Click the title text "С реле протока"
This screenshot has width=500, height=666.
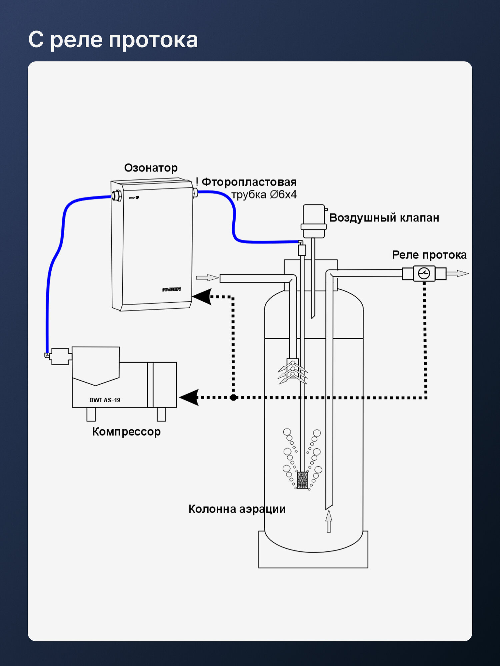(113, 40)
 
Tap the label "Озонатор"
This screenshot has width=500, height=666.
(151, 168)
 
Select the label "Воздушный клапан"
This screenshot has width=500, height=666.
(384, 218)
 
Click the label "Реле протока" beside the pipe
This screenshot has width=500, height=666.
(429, 255)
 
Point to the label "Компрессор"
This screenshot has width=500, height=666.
(126, 432)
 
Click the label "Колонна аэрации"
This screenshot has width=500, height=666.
(237, 509)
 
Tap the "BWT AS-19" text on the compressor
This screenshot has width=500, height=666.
(105, 400)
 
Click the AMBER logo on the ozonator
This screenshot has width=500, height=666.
(171, 289)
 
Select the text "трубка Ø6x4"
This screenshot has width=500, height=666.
(264, 194)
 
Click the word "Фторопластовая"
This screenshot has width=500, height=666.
(249, 182)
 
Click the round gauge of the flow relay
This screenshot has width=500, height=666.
(424, 273)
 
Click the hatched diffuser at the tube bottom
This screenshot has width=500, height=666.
(302, 480)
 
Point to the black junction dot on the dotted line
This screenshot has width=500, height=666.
(233, 397)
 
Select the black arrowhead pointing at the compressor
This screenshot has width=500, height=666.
(189, 397)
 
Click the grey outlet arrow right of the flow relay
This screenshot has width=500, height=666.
(457, 273)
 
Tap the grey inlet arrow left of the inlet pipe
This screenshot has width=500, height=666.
(207, 278)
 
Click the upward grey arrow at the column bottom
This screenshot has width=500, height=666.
(329, 521)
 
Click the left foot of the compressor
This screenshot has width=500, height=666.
(91, 414)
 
